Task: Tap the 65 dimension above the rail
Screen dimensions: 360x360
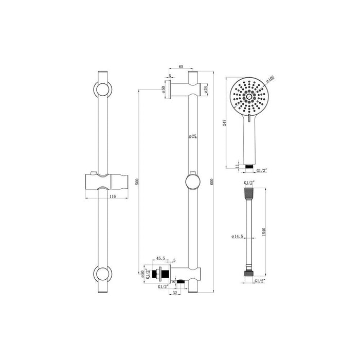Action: [x=181, y=67]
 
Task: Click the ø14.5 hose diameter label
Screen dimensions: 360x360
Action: [x=238, y=236]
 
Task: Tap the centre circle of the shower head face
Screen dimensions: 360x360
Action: [x=249, y=96]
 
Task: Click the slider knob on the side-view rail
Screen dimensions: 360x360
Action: [x=192, y=182]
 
